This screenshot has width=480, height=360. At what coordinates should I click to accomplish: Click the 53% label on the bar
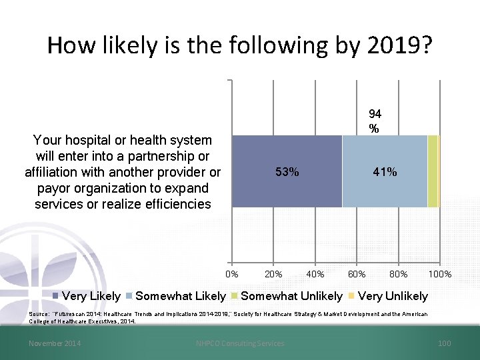tap(287, 172)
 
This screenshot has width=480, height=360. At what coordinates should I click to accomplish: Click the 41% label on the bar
tap(385, 172)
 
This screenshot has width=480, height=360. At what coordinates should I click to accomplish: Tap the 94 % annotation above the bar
tap(375, 121)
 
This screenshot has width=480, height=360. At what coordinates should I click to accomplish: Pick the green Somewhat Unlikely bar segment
tap(433, 171)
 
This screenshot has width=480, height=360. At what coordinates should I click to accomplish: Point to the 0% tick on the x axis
tap(232, 274)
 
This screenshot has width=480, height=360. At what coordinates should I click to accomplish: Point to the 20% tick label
tap(273, 274)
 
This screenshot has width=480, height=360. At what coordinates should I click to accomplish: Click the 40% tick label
tap(315, 274)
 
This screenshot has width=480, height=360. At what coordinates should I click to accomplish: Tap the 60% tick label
tap(357, 274)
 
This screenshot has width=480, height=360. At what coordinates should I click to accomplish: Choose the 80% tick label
tap(399, 274)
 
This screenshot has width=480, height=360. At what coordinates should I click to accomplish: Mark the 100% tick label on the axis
tap(440, 274)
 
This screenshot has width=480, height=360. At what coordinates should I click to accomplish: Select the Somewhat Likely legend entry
tap(175, 296)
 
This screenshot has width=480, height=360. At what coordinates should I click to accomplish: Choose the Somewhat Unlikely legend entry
tap(287, 296)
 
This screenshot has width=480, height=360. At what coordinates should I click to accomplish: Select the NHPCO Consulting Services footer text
tap(240, 343)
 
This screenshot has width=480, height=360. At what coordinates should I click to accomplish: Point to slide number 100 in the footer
tap(445, 343)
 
